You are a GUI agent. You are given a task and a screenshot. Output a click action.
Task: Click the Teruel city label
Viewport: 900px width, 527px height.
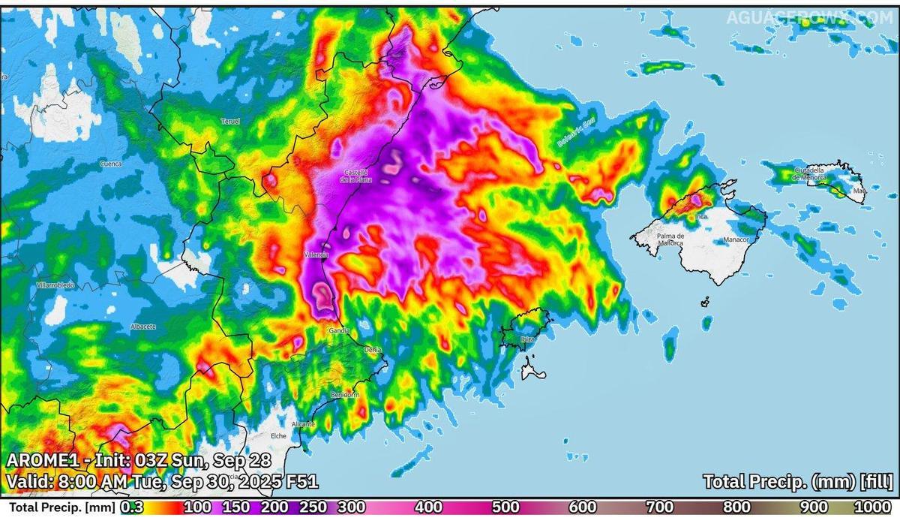[229, 121]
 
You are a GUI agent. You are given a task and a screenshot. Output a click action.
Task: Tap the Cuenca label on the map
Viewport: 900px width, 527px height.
[110, 163]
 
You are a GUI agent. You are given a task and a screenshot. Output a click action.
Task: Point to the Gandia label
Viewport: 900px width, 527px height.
[338, 330]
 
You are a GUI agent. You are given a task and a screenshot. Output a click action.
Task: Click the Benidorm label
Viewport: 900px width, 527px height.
[345, 395]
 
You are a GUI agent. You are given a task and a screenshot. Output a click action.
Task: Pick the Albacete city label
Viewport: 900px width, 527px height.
[142, 327]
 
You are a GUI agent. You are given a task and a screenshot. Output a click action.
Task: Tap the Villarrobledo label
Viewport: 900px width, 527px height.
[55, 286]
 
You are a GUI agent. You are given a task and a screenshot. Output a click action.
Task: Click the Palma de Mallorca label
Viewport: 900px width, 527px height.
[670, 239]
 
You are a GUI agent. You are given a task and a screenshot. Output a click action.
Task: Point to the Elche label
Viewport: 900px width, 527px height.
[279, 435]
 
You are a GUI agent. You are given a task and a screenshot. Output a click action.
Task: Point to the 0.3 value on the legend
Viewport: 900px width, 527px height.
[132, 507]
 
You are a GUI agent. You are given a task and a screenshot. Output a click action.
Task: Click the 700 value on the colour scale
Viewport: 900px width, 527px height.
[660, 507]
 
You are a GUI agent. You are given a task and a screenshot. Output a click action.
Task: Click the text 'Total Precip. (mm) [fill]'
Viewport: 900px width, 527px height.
[798, 481]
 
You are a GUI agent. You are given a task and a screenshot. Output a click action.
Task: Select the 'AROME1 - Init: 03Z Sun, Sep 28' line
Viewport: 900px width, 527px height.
[139, 459]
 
